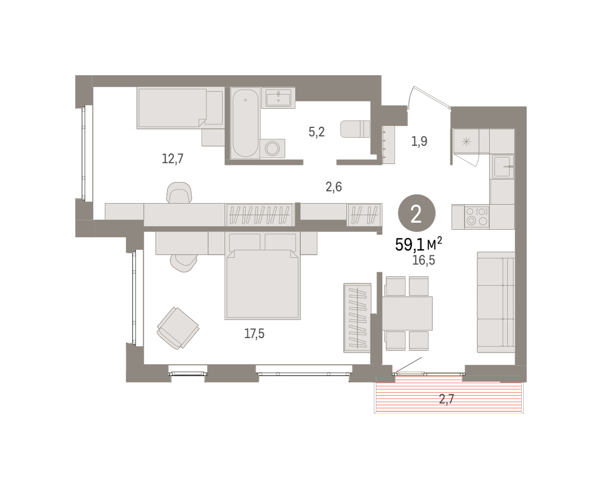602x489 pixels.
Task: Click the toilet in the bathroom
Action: tap(355, 129)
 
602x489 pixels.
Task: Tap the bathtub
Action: tap(245, 123)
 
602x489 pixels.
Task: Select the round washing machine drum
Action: tap(272, 148)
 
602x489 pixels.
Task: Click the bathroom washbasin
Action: tap(278, 98)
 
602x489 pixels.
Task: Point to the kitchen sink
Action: tap(503, 167)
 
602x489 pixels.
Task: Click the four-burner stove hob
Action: tap(477, 216)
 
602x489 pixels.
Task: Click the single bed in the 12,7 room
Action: tap(180, 108)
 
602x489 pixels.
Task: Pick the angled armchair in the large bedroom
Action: tap(178, 328)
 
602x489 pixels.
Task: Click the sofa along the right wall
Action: tap(496, 302)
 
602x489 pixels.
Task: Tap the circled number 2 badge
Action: tap(416, 214)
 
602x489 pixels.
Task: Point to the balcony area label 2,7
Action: tap(446, 399)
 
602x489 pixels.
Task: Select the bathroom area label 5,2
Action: tap(317, 132)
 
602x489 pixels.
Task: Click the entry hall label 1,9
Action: tap(419, 141)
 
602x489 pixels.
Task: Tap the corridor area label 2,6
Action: tap(334, 187)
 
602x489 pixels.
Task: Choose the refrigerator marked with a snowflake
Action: tap(466, 141)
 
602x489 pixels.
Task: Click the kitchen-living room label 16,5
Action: tap(423, 260)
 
